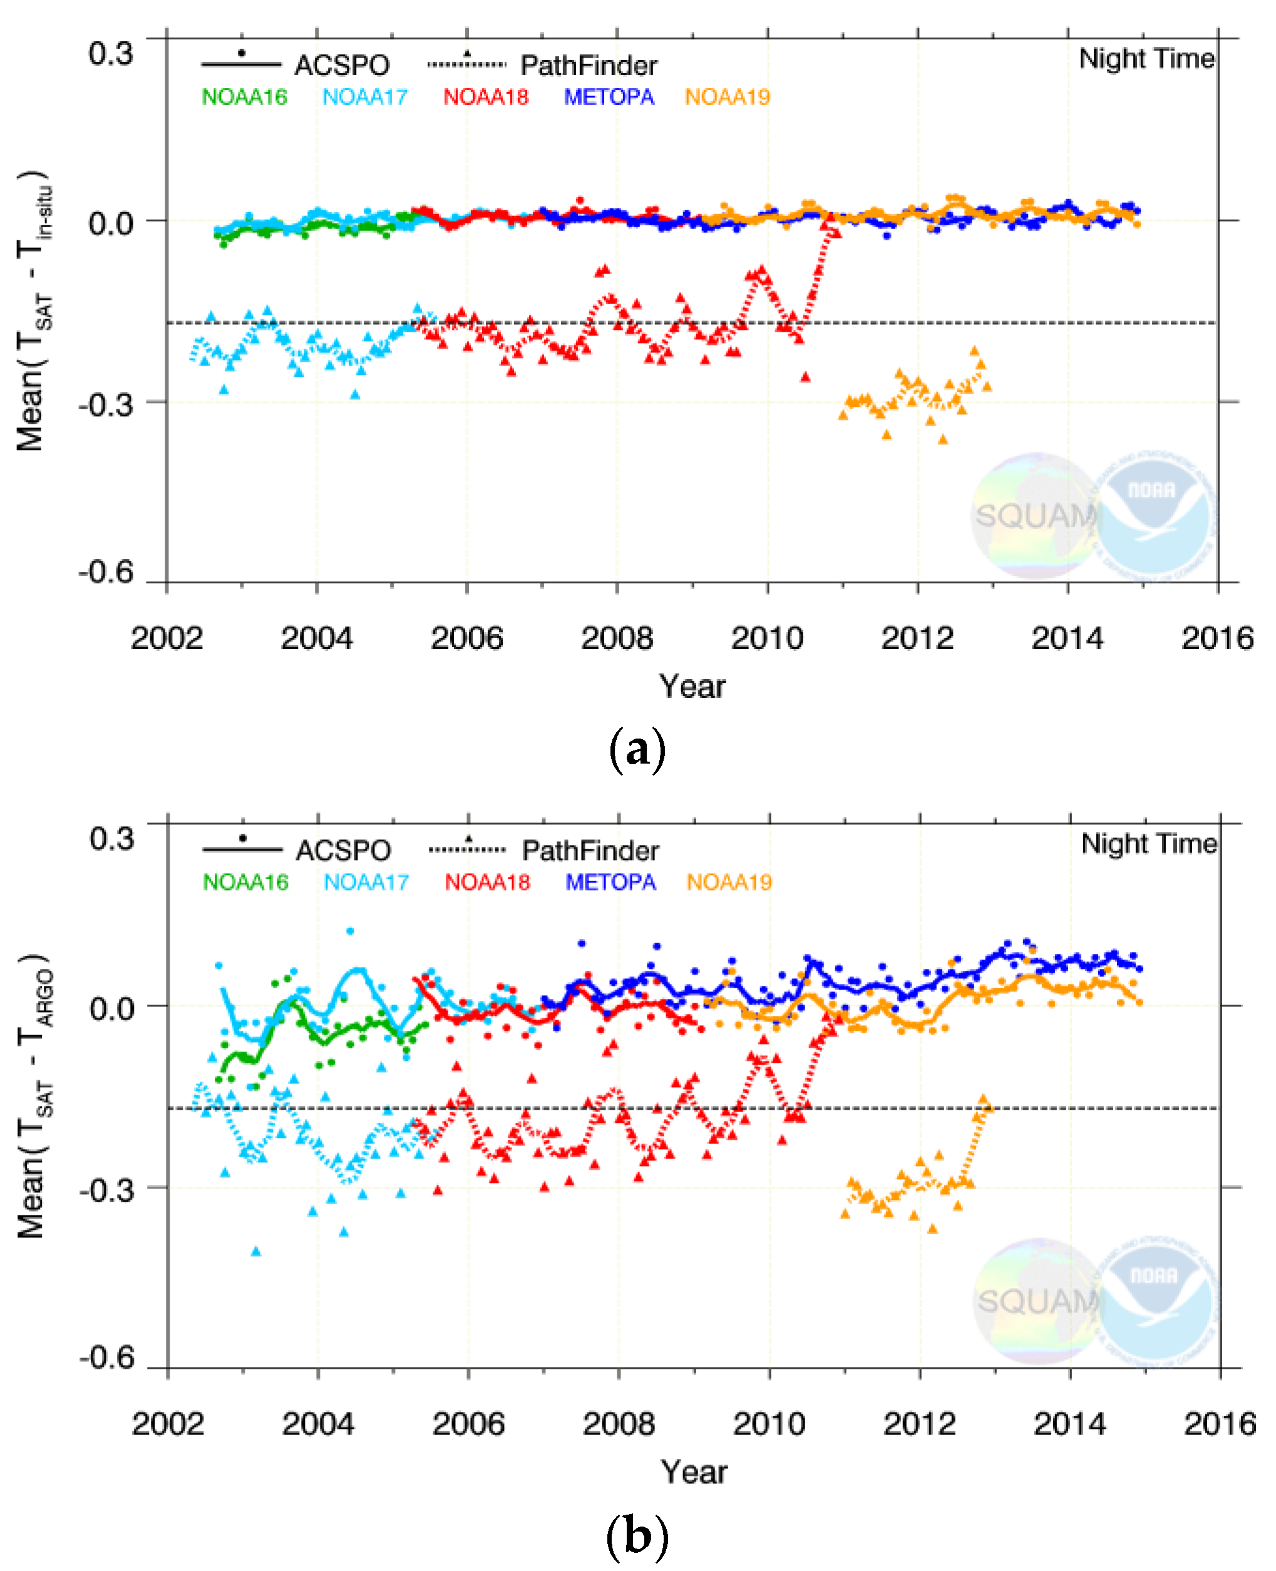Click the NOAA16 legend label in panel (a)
click(244, 98)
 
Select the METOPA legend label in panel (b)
click(610, 882)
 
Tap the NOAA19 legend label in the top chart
click(727, 98)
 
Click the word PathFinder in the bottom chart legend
click(590, 850)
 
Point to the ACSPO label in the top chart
click(342, 65)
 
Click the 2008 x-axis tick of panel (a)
click(617, 638)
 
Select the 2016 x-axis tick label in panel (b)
click(1218, 1423)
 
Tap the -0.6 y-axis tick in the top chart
click(107, 571)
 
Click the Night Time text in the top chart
click(1146, 59)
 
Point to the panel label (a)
click(637, 749)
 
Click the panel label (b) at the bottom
click(637, 1535)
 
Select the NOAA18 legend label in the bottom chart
click(486, 882)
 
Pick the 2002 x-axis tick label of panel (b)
click(168, 1423)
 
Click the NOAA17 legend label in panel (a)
click(364, 98)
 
